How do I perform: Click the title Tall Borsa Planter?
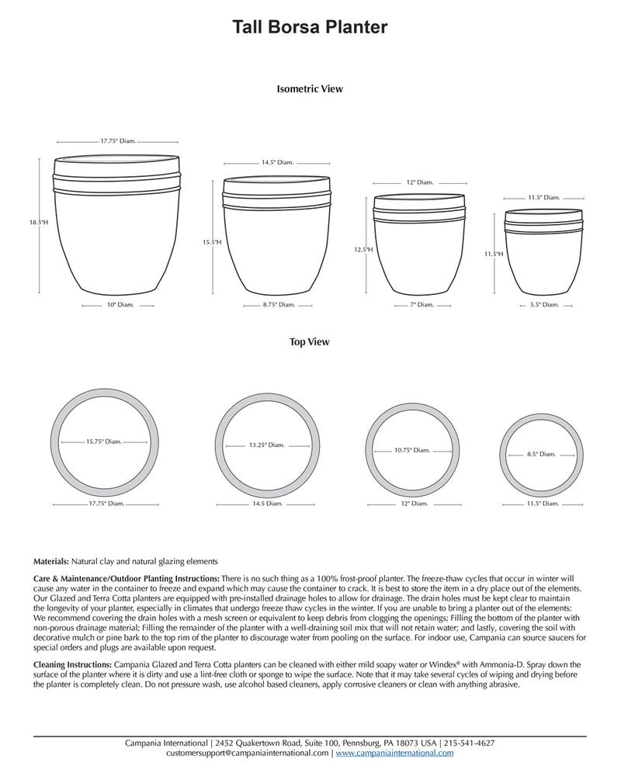click(310, 28)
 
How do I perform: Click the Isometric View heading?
click(310, 89)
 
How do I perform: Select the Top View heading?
click(310, 342)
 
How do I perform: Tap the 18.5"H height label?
click(39, 223)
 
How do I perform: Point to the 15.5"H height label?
click(213, 242)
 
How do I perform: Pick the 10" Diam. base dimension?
click(121, 306)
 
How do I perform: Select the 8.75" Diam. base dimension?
click(276, 306)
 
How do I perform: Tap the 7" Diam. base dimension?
click(422, 306)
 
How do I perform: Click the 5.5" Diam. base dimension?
click(544, 306)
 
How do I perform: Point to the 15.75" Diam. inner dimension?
click(103, 442)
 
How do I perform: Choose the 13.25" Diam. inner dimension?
click(267, 445)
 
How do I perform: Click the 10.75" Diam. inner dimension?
click(411, 450)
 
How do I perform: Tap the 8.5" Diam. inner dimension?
click(541, 454)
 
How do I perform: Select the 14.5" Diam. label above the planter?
click(276, 163)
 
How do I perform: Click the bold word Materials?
click(51, 560)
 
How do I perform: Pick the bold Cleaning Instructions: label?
click(73, 665)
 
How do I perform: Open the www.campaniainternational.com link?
click(394, 753)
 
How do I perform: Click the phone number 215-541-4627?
click(470, 743)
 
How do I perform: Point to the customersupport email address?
click(248, 753)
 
